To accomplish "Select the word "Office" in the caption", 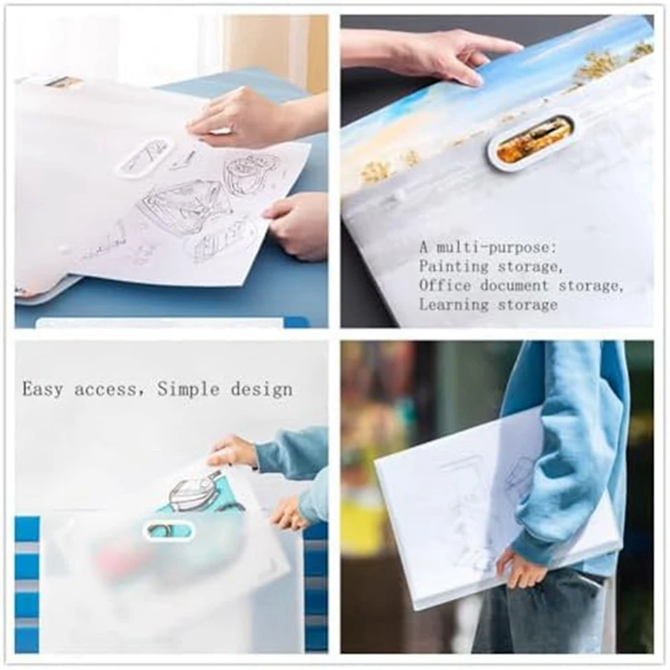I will (x=445, y=286).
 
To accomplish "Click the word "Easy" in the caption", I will (x=44, y=389).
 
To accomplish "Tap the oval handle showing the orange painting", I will (x=533, y=138).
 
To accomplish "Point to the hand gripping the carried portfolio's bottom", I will (x=521, y=569).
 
